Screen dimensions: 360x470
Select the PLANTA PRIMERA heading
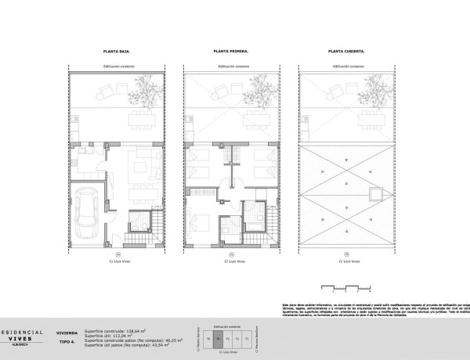(231, 51)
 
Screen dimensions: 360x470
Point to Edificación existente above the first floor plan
(231, 68)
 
